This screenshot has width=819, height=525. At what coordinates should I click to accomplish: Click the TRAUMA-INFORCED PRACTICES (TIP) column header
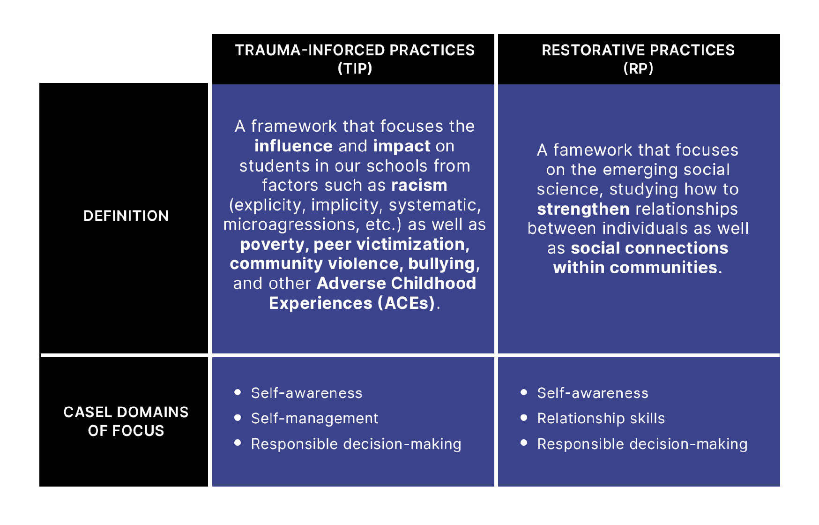[x=355, y=59]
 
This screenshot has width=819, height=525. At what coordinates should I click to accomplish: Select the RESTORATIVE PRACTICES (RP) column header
[x=638, y=59]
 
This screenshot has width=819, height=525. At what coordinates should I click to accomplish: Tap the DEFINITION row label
[x=126, y=216]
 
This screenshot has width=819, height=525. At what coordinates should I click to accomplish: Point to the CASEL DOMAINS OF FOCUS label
[x=126, y=421]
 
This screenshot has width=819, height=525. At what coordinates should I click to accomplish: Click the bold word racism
[x=419, y=185]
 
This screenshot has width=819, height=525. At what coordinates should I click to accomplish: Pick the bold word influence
[x=293, y=146]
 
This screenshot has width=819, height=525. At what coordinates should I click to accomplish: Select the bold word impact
[x=402, y=146]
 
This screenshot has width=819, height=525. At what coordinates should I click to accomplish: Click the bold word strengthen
[x=583, y=209]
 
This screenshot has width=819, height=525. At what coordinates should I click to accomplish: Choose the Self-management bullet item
[x=314, y=418]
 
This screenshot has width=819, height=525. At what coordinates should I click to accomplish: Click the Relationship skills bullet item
[x=601, y=418]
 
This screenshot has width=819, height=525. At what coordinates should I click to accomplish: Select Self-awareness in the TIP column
[x=306, y=393]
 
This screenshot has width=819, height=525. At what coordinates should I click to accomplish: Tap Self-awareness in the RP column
[x=593, y=393]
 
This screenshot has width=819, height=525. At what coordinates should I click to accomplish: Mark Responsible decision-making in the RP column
[x=642, y=444]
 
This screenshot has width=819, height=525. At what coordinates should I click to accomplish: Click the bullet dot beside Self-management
[x=238, y=417]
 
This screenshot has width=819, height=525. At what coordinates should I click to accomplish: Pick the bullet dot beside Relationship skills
[x=524, y=417]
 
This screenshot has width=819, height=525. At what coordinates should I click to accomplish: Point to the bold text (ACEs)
[x=406, y=303]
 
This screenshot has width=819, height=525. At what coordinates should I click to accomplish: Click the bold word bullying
[x=441, y=264]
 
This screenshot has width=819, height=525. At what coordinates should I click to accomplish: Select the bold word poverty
[x=272, y=245]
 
